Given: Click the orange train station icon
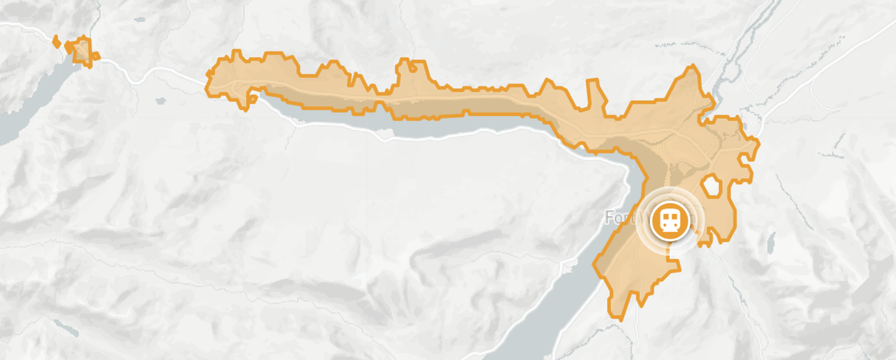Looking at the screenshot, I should click(x=669, y=220).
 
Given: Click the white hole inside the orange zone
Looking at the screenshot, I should click(x=712, y=186).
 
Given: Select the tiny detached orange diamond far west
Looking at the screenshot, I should click(x=56, y=42).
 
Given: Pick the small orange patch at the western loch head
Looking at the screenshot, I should click(x=80, y=50).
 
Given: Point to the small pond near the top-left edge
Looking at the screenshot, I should click(x=140, y=20).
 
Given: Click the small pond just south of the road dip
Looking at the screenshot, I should click(x=160, y=101).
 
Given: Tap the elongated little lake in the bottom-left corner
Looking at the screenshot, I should click(x=65, y=328).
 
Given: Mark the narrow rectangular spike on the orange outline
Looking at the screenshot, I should click(x=593, y=93).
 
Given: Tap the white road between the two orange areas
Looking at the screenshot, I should click(x=156, y=72).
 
